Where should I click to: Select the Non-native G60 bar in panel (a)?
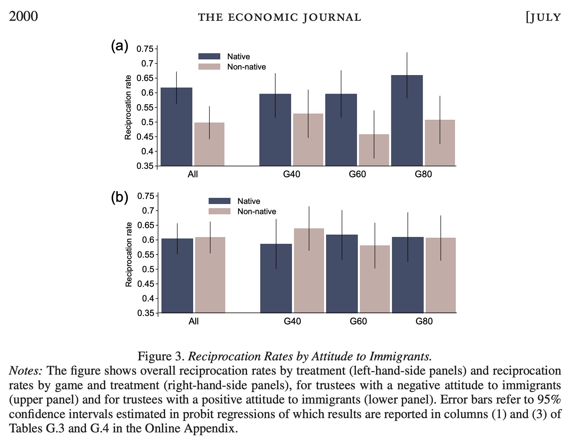374,150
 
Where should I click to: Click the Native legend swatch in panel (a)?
209,56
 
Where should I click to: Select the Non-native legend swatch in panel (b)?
219,211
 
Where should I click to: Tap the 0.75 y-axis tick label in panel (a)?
145,49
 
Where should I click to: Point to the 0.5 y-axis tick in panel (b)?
148,269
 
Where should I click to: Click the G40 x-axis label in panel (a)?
292,174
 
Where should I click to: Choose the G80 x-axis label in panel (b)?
424,321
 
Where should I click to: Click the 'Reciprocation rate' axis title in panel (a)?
128,107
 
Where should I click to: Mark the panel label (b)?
119,198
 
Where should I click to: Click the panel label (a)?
119,47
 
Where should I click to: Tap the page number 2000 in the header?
23,16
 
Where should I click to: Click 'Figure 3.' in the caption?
161,356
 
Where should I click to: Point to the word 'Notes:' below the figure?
25,371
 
